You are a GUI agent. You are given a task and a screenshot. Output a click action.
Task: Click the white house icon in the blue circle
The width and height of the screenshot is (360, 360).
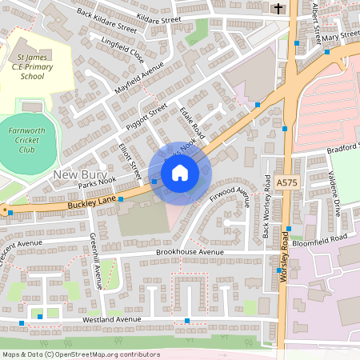pyautogui.click(x=180, y=173)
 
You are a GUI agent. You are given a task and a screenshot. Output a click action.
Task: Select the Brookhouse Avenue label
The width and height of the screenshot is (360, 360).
pyautogui.click(x=190, y=252)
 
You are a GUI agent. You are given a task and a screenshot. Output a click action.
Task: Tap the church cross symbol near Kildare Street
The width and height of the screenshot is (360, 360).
pyautogui.click(x=278, y=8)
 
